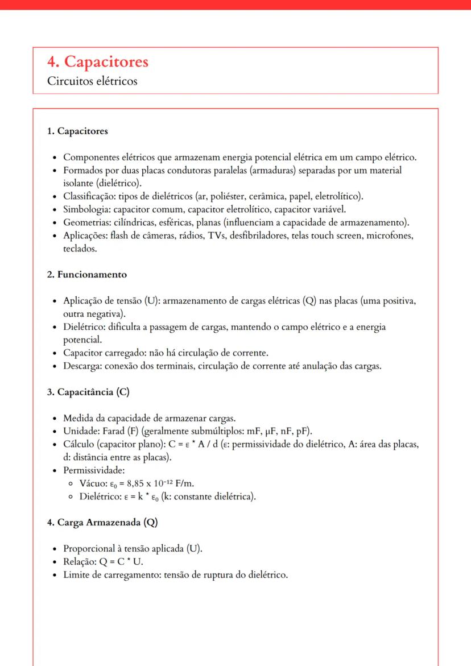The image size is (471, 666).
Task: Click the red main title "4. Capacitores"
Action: (x=98, y=61)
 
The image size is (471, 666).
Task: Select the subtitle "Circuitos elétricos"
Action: (x=92, y=81)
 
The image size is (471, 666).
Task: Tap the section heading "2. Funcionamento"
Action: (x=87, y=275)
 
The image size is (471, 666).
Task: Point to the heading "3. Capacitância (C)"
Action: (x=90, y=392)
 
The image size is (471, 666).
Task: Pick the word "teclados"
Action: (x=80, y=249)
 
